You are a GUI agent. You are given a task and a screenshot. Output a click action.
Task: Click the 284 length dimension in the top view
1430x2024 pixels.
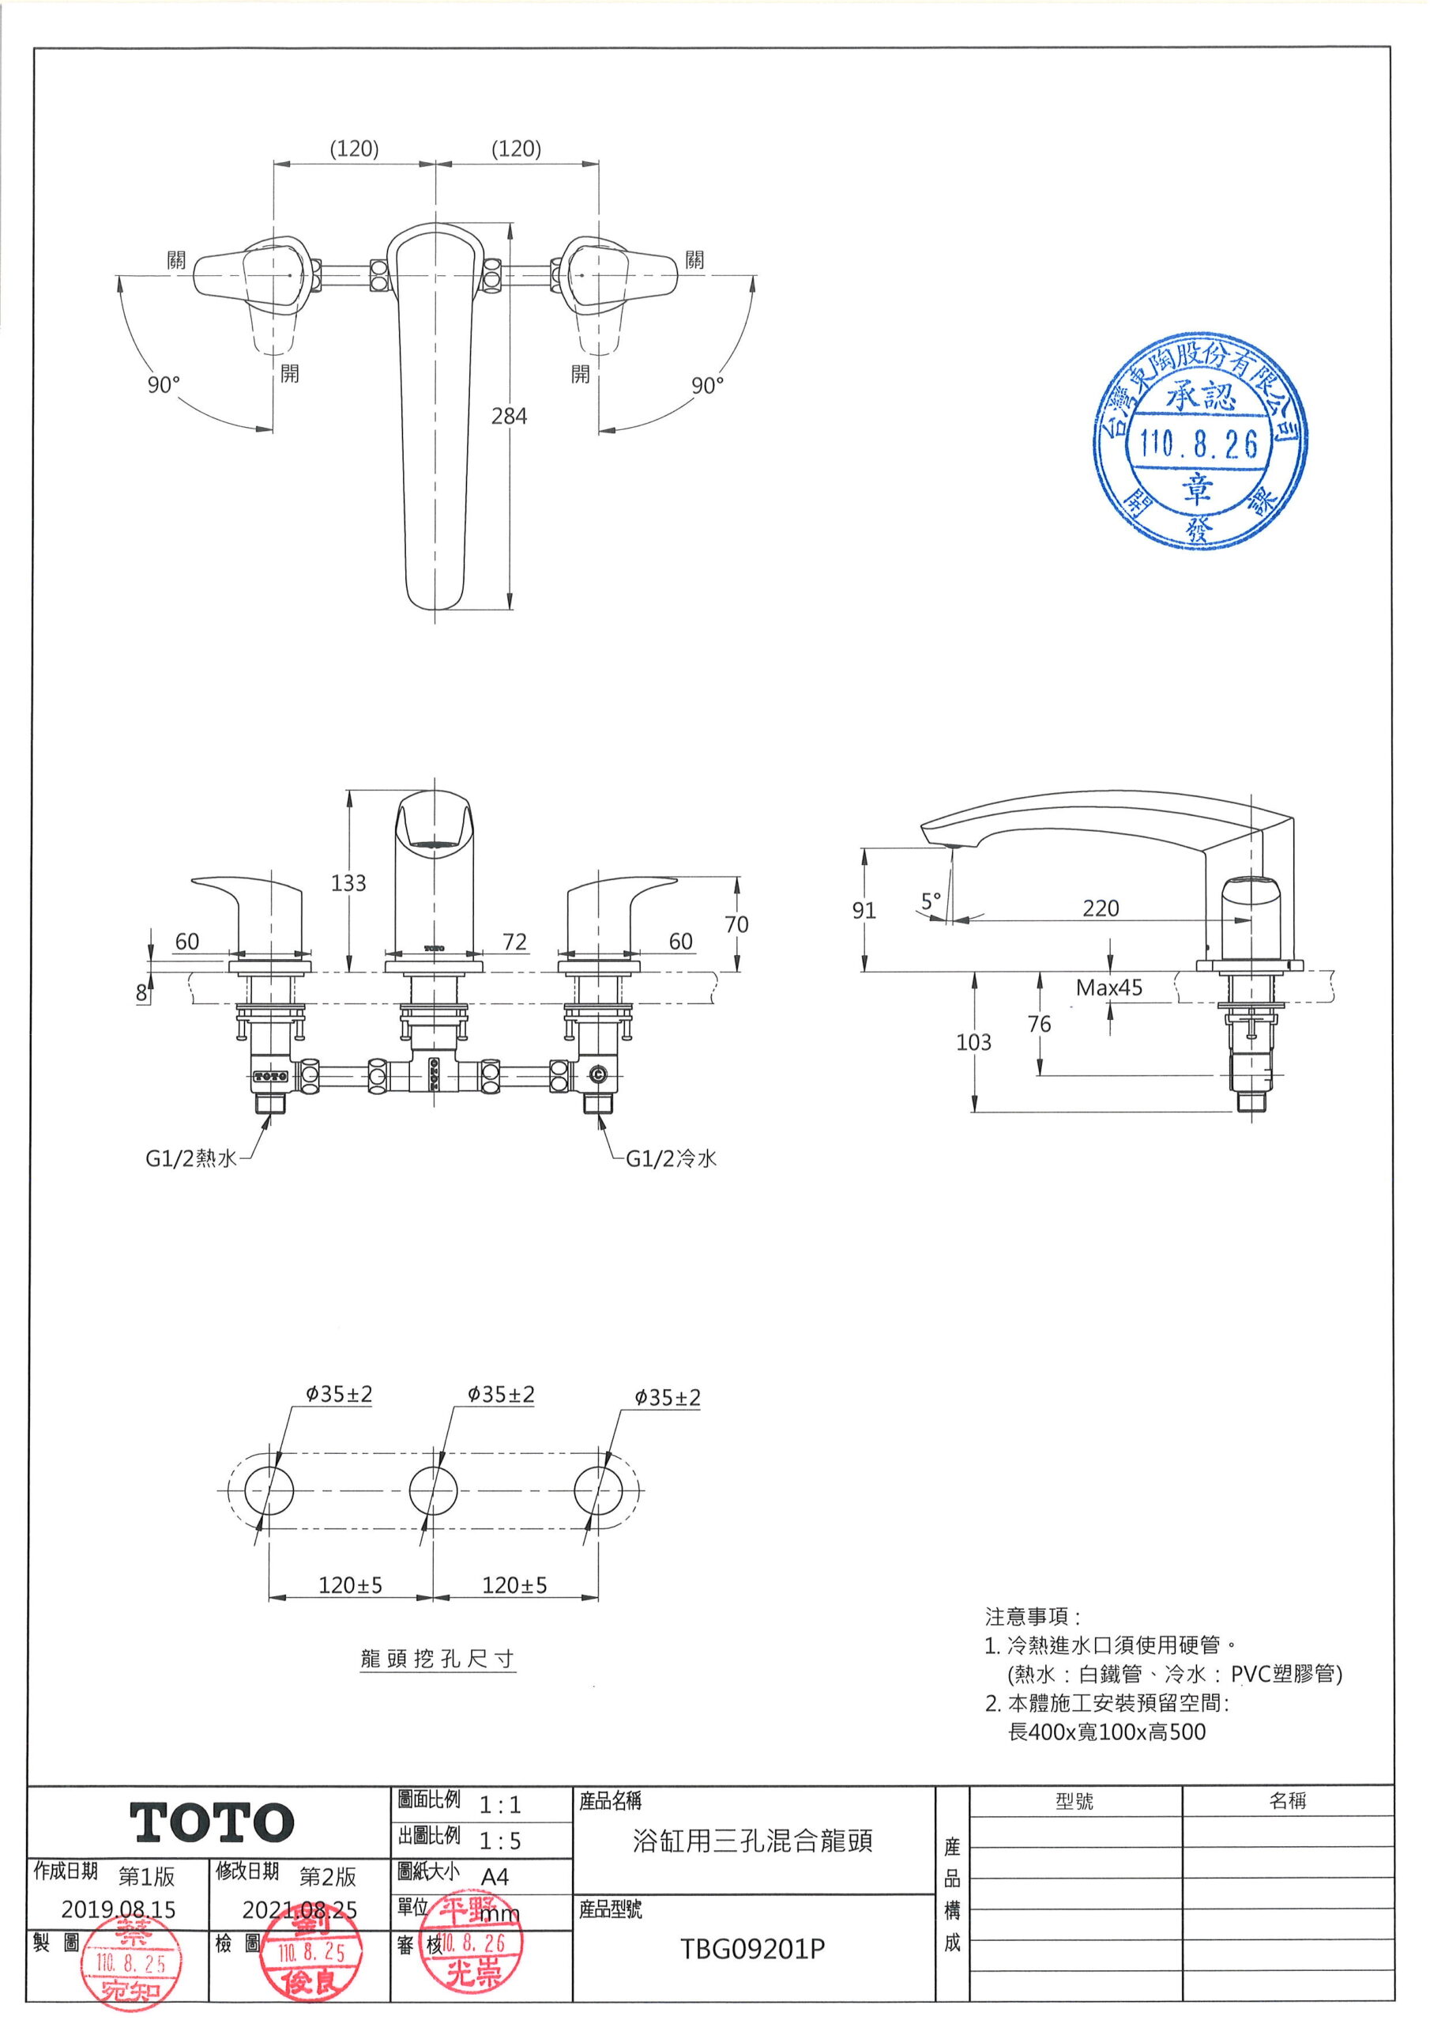coord(510,416)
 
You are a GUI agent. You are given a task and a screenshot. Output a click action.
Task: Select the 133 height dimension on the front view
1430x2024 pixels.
coord(348,882)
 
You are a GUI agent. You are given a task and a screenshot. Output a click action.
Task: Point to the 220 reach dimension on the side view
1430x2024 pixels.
coord(1101,908)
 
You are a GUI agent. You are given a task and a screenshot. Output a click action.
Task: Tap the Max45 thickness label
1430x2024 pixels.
coord(1108,987)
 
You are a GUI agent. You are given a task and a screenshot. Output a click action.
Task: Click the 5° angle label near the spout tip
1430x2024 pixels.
coord(931,901)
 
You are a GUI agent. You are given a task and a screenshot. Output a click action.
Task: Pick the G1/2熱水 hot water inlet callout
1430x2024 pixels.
coord(191,1158)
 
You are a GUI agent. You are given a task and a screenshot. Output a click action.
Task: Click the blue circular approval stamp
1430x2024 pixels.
coord(1199,442)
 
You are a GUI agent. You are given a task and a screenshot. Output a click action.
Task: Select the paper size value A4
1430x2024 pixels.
coord(495,1877)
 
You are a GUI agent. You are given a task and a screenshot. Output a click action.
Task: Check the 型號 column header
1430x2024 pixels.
coord(1075,1802)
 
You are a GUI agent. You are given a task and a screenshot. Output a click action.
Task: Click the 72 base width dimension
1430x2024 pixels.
coord(514,942)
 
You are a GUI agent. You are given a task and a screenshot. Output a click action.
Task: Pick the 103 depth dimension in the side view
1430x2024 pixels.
coord(973,1042)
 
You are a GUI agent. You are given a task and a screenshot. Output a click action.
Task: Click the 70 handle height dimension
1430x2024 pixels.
coord(736,924)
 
